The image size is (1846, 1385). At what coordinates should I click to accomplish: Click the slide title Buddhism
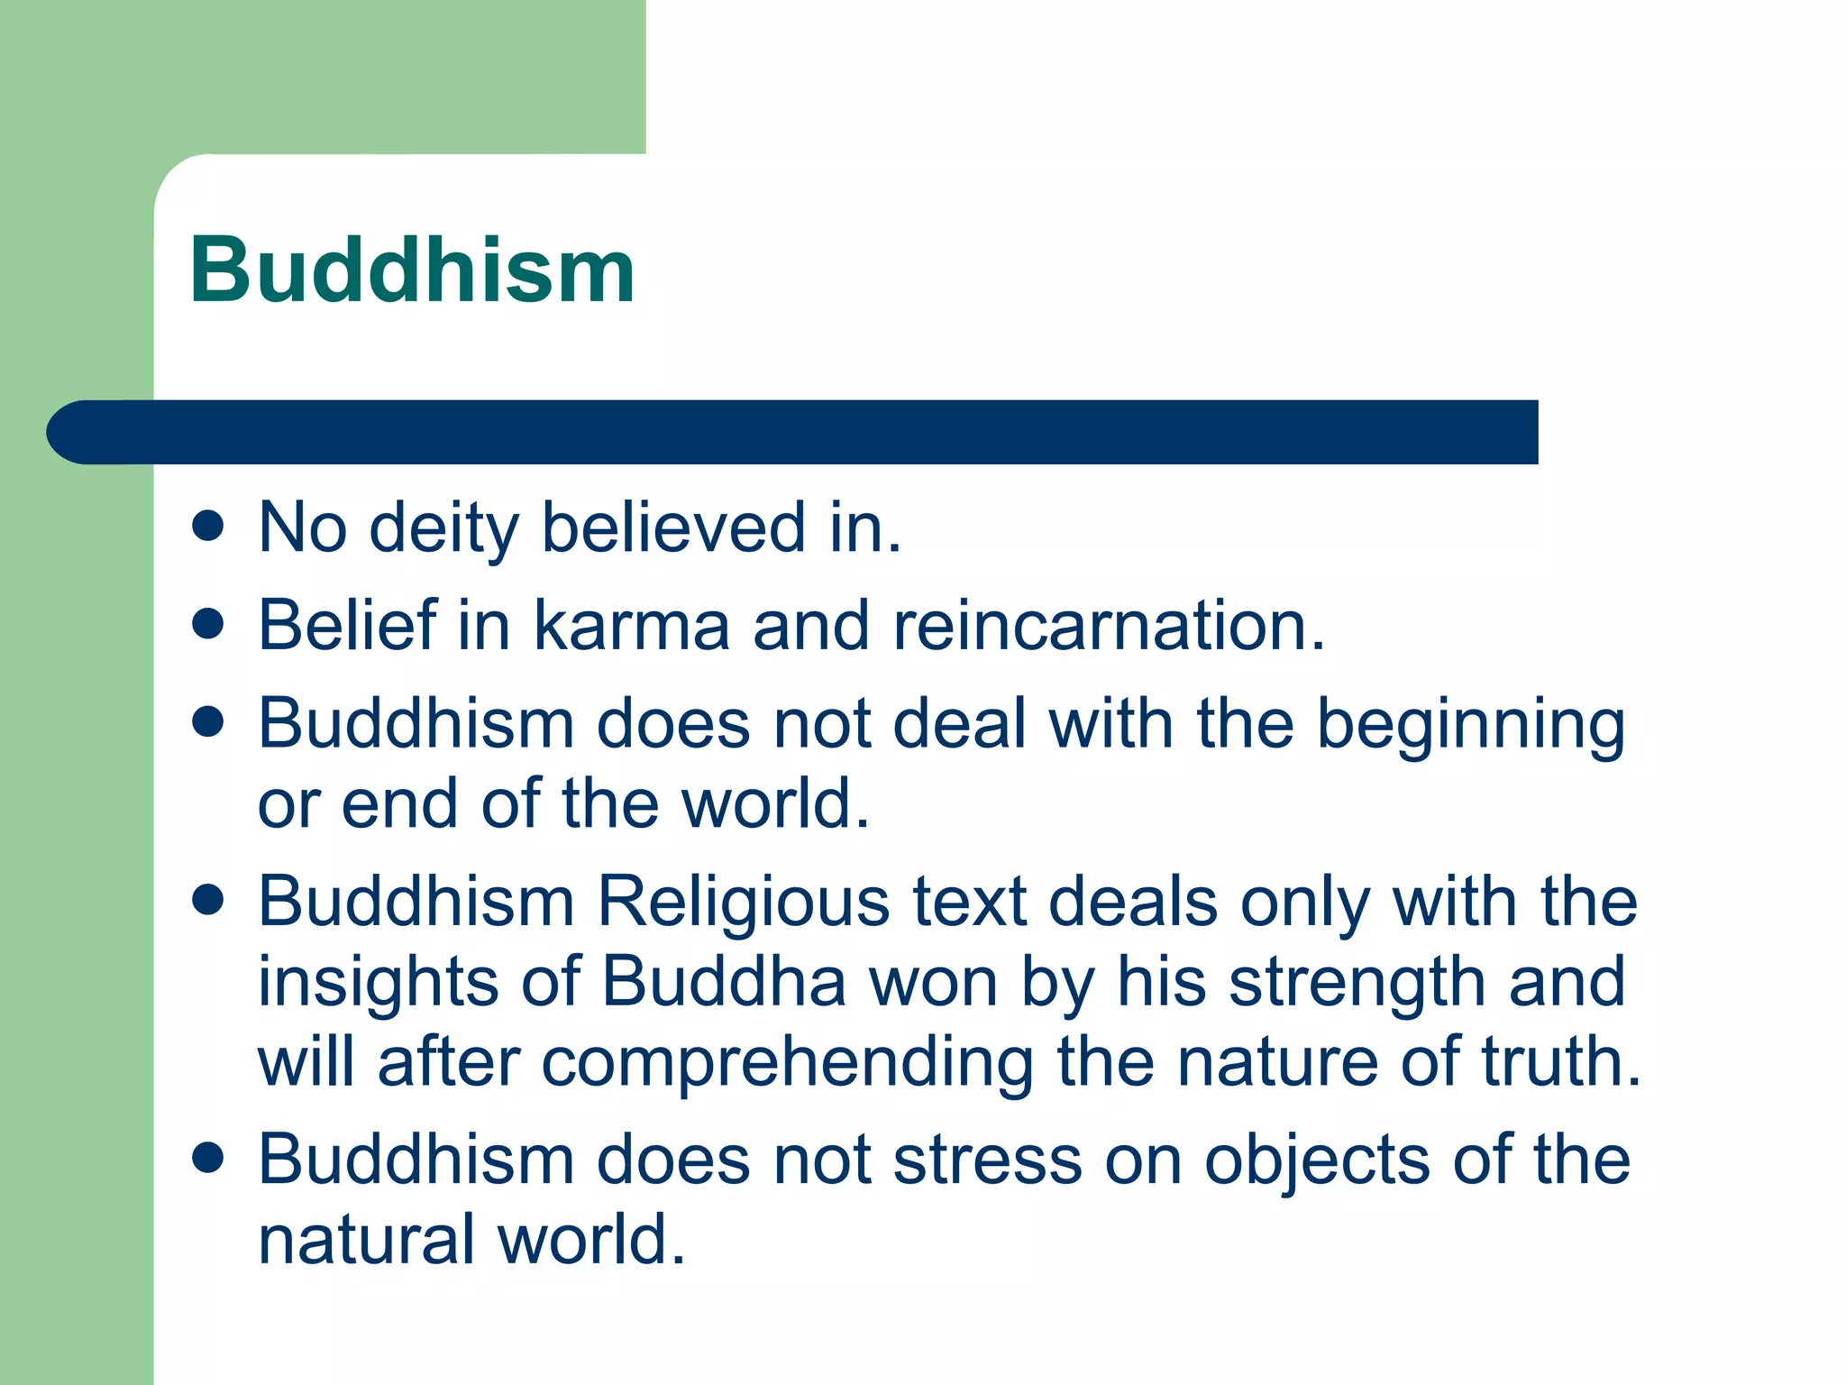tap(412, 271)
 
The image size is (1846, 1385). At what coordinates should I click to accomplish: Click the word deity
tap(443, 529)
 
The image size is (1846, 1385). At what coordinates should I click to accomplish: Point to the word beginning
tap(1471, 726)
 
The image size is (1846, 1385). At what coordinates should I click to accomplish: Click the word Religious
tap(744, 902)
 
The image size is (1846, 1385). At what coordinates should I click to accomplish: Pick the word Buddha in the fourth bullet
tap(724, 981)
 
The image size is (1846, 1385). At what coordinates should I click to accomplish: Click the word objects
tap(1317, 1161)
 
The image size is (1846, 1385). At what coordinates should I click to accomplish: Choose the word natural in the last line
tap(366, 1240)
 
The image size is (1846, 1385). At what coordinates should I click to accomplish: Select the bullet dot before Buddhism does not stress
tap(208, 1158)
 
